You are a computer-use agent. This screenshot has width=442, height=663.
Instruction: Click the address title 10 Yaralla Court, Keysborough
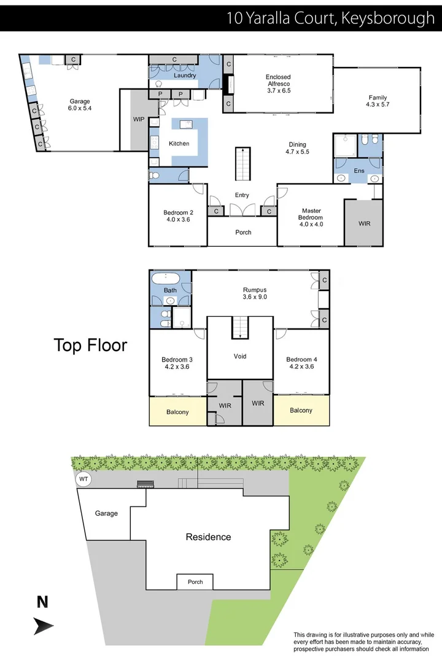coord(330,17)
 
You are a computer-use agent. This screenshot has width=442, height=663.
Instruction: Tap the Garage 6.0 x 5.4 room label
coord(79,105)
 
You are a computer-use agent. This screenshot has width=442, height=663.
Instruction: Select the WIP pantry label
coord(139,120)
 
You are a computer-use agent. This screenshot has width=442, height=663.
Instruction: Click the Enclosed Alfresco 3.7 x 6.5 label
coord(278,83)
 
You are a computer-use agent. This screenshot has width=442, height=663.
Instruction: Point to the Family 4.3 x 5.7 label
coord(378,101)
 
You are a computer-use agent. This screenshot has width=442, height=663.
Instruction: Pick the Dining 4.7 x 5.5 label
coord(298,148)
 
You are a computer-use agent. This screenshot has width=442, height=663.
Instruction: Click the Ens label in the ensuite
coord(359,170)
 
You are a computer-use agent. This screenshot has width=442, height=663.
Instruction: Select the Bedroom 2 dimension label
coord(177,215)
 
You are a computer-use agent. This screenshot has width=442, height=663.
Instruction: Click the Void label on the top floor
coord(240,356)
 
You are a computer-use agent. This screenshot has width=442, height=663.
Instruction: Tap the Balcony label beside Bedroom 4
coord(301,410)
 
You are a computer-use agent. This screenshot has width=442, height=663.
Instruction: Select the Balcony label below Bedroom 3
coord(177,412)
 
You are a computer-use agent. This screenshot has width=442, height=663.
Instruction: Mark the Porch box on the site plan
coord(195,582)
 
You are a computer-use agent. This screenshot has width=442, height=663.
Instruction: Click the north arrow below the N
coord(43,626)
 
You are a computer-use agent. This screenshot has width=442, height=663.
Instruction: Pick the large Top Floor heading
coord(90,345)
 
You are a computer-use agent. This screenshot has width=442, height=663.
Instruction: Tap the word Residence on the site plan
coord(208,537)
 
